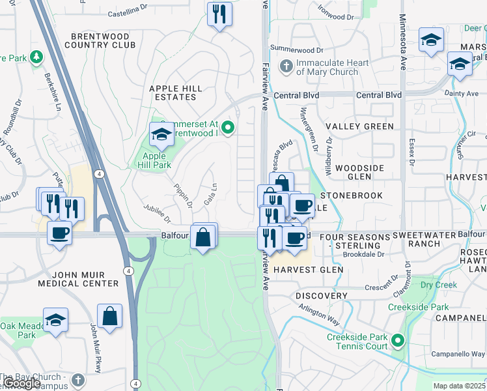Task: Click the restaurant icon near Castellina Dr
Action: pos(219,14)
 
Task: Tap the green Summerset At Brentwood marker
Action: pos(227,127)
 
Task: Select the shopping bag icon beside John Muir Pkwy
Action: pos(110,317)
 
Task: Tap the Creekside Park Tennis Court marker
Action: pos(397,340)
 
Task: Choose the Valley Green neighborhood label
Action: pos(359,126)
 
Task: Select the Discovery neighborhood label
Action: pos(321,296)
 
